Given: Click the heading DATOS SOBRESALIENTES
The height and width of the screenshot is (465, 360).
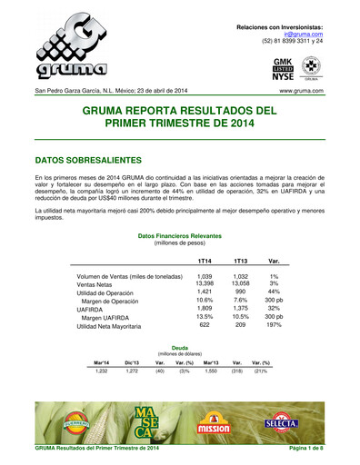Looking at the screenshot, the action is coord(89,159).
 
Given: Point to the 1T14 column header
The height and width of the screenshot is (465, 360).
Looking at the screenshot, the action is coord(205,261).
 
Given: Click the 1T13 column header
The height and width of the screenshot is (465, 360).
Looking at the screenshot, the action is coord(242,261).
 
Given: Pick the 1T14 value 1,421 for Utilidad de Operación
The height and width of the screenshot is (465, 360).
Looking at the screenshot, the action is coord(205,292).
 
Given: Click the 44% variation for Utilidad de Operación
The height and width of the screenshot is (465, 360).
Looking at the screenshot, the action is coord(273,292).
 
